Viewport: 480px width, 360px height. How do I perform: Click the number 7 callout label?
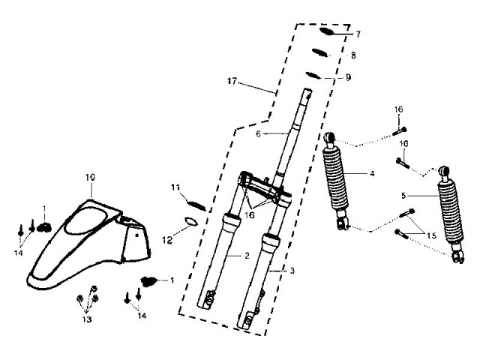point(358,34)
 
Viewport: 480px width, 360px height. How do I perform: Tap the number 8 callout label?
point(353,55)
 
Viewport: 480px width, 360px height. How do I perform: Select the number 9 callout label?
point(347,77)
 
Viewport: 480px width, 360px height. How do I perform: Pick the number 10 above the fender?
point(90,177)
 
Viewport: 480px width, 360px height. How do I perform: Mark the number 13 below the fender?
point(88,319)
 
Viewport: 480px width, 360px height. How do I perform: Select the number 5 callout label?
point(403,196)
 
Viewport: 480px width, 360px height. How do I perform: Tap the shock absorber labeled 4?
point(337,184)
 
